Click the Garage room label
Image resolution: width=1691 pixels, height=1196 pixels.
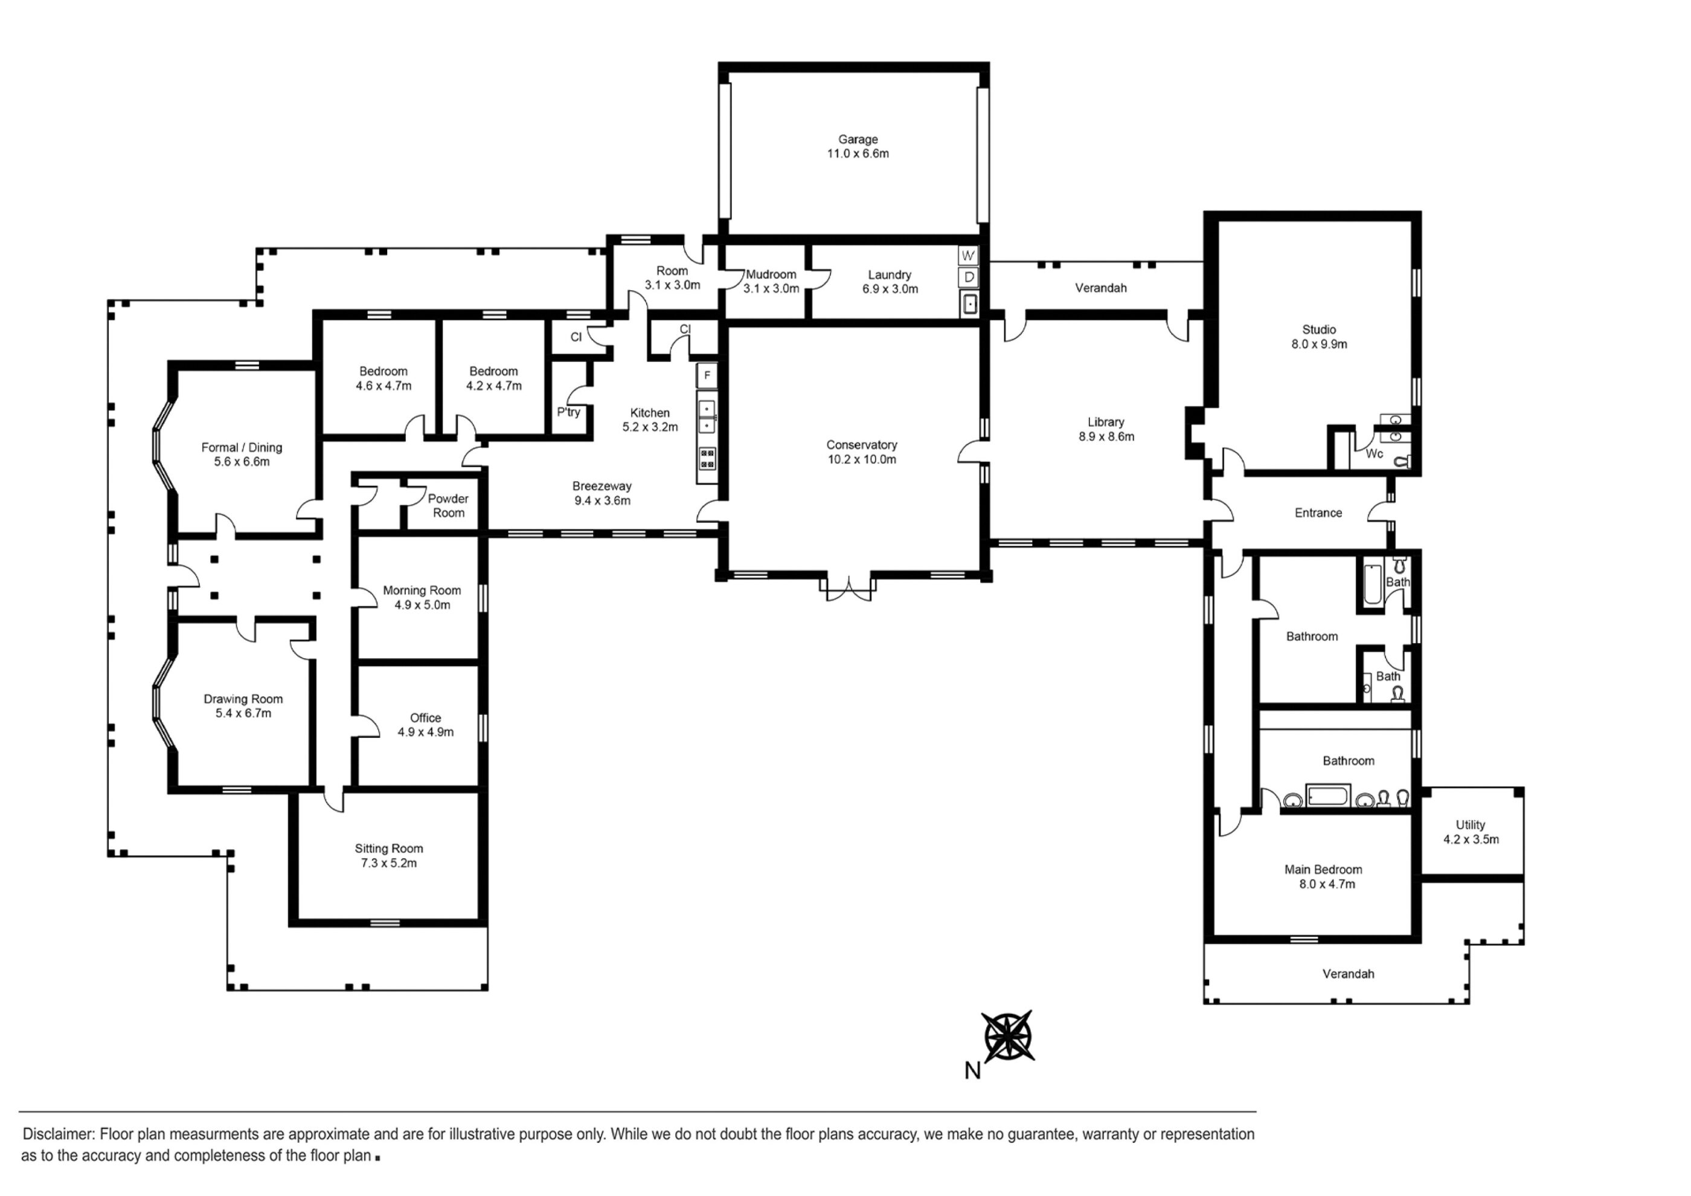coord(858,139)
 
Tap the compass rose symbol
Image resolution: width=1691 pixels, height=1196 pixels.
coord(1007,1036)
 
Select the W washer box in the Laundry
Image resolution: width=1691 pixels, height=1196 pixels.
coord(969,256)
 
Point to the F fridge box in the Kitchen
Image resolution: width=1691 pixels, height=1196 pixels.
coord(707,376)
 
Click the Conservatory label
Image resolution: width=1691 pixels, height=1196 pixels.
coord(861,445)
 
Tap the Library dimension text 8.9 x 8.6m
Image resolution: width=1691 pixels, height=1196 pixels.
coord(1106,436)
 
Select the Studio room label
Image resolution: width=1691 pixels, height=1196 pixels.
coord(1319,329)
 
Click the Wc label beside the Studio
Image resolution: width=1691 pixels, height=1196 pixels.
coord(1375,454)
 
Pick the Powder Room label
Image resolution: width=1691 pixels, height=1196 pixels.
coord(449,505)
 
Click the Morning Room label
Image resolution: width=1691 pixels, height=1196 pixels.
coord(422,590)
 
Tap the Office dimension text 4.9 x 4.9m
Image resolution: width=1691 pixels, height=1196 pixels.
coord(426,732)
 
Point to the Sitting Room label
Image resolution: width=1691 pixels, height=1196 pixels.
coord(389,848)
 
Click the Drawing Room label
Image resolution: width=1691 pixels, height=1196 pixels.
coord(243,699)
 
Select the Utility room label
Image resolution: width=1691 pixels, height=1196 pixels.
coord(1470,824)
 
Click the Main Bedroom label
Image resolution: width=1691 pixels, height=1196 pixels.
coord(1323,870)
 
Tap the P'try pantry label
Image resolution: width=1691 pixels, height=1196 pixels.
coord(568,412)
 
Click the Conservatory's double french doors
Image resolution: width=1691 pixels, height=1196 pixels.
coord(849,587)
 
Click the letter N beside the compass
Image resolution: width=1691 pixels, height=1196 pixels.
coord(972,1071)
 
